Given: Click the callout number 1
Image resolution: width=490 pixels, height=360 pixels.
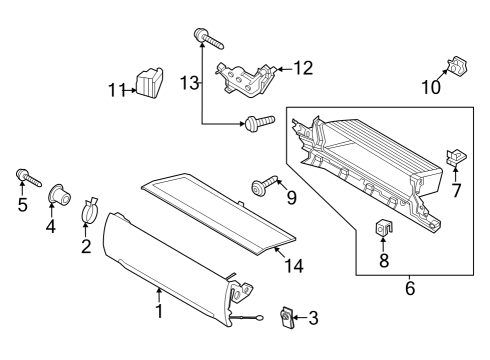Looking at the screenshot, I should tap(158, 311).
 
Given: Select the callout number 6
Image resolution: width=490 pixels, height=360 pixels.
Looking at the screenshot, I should tap(408, 289).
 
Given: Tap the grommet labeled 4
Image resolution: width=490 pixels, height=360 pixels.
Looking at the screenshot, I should tap(57, 192).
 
